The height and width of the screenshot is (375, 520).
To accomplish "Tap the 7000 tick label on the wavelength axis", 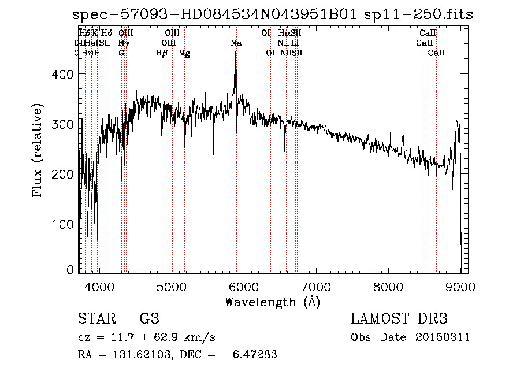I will pyautogui.click(x=316, y=285).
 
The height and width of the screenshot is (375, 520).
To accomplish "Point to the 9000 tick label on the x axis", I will pyautogui.click(x=460, y=285).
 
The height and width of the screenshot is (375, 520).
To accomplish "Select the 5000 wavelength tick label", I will pyautogui.click(x=172, y=285).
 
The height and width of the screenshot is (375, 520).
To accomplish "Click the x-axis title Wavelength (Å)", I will pyautogui.click(x=272, y=301).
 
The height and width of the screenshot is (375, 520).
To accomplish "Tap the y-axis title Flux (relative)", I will pyautogui.click(x=39, y=151).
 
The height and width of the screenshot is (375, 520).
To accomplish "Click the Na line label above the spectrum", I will pyautogui.click(x=236, y=43).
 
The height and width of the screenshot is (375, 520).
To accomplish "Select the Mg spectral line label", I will pyautogui.click(x=184, y=53).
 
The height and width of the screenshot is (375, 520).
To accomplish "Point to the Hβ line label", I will pyautogui.click(x=162, y=53).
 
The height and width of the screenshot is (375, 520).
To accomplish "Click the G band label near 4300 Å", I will pyautogui.click(x=121, y=53).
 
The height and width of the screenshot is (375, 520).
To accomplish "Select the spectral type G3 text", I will pyautogui.click(x=149, y=319).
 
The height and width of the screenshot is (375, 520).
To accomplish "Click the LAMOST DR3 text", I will pyautogui.click(x=399, y=319).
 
